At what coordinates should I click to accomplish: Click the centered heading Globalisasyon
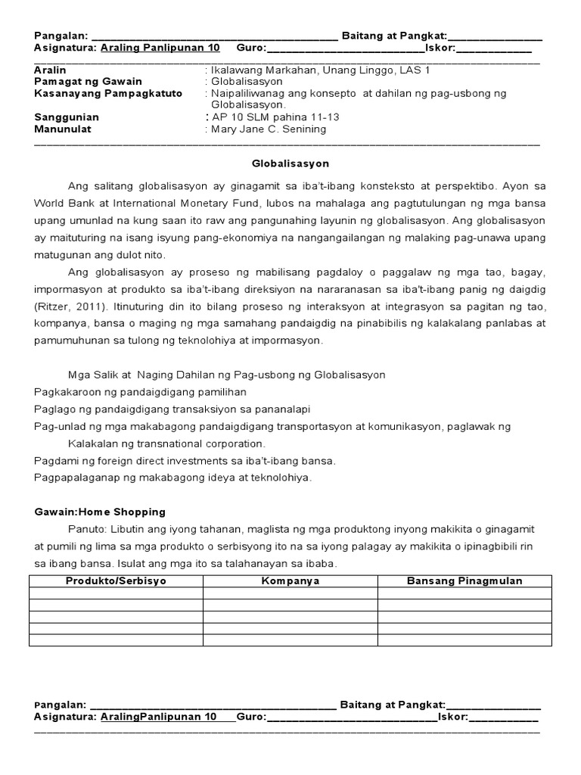click(290, 163)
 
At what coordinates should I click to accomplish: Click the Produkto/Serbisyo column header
click(116, 581)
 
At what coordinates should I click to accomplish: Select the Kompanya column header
click(290, 581)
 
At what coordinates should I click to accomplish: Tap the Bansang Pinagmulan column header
click(464, 581)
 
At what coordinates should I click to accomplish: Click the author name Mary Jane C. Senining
click(269, 129)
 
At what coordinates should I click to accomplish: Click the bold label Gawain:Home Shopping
click(100, 512)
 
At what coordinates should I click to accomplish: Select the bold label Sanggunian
click(67, 117)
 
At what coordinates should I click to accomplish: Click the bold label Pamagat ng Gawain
click(88, 81)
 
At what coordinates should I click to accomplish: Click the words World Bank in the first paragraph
click(61, 203)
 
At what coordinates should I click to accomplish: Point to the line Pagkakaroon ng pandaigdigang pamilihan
click(140, 392)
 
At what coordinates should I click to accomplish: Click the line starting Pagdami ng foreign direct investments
click(185, 460)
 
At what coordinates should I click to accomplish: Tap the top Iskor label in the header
click(440, 47)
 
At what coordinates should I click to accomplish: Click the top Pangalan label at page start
click(61, 36)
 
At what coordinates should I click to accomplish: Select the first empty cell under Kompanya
click(290, 593)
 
